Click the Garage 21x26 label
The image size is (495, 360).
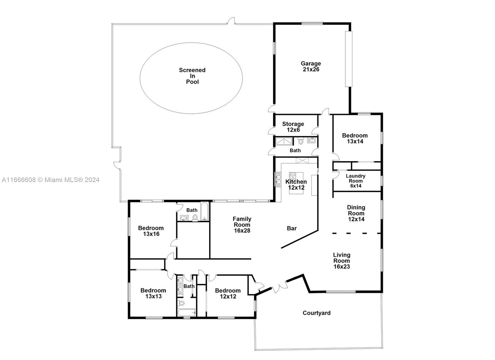[x=311, y=66]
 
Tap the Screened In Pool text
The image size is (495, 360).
[x=192, y=76]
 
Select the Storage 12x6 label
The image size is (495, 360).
[x=293, y=127]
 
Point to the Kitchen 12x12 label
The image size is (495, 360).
[x=296, y=185]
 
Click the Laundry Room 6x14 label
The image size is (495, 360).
[x=355, y=181]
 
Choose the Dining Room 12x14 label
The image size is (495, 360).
[x=356, y=213]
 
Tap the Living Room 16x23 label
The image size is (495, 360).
[x=342, y=261]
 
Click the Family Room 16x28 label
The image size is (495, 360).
[x=242, y=225]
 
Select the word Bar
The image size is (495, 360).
[x=292, y=228]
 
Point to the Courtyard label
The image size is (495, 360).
[x=316, y=313]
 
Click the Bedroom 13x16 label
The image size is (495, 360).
[x=151, y=231]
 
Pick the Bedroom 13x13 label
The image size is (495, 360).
[x=153, y=293]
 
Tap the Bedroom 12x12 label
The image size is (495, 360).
[x=228, y=293]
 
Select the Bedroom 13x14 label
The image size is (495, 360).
[x=355, y=138]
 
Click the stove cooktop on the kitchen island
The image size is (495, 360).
[x=293, y=177]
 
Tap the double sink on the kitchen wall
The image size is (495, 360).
[x=278, y=179]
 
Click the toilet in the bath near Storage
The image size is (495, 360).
[x=300, y=141]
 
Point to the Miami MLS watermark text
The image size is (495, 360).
[x=51, y=180]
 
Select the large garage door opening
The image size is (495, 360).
[x=349, y=59]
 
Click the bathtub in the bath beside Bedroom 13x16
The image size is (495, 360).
[x=204, y=211]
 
